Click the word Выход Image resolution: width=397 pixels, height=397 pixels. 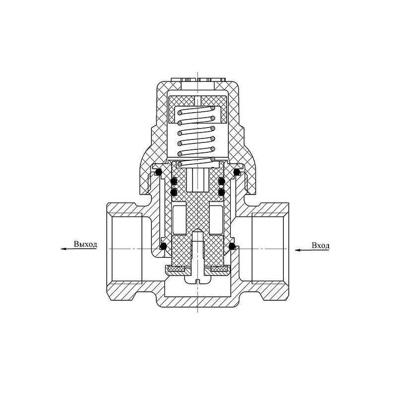pyautogui.click(x=85, y=244)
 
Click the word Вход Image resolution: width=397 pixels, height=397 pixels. pyautogui.click(x=321, y=246)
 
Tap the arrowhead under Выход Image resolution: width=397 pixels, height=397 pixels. pyautogui.click(x=64, y=249)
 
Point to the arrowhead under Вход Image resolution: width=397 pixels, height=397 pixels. pyautogui.click(x=298, y=250)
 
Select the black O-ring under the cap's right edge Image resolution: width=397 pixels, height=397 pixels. pyautogui.click(x=237, y=172)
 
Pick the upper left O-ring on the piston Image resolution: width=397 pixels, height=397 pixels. pyautogui.click(x=174, y=181)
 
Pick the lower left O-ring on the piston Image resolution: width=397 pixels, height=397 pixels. pyautogui.click(x=174, y=192)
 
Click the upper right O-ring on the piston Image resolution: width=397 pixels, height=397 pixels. pyautogui.click(x=221, y=181)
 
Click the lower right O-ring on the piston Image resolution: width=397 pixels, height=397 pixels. pyautogui.click(x=221, y=192)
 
